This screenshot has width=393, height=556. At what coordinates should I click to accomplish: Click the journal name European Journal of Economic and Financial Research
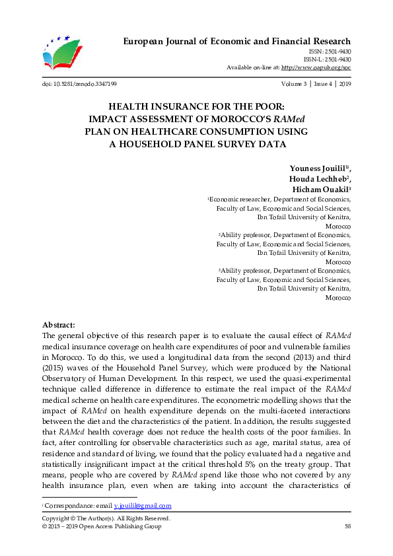tap(237, 42)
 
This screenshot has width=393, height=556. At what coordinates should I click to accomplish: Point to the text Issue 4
tap(323, 85)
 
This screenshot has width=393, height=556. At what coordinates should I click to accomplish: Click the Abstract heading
tap(59, 325)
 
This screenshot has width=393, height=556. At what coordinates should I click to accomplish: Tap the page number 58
tap(347, 526)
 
